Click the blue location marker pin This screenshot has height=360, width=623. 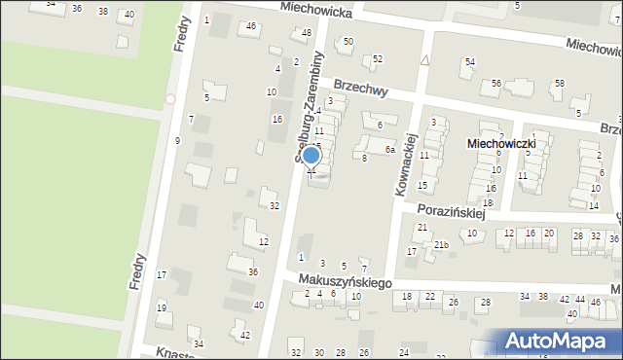(311, 157)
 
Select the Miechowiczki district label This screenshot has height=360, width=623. (501, 143)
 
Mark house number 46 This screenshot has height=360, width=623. (251, 26)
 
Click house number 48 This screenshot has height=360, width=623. (307, 33)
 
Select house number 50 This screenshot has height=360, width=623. (348, 41)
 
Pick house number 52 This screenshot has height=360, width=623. (378, 59)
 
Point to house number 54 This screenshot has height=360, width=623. (469, 62)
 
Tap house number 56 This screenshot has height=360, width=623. (496, 84)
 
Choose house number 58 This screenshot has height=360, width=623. (559, 84)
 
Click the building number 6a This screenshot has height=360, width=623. (388, 149)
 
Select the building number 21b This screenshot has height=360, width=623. (441, 244)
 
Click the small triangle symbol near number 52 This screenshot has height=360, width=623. (425, 59)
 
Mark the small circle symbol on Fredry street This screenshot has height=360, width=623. (171, 98)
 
